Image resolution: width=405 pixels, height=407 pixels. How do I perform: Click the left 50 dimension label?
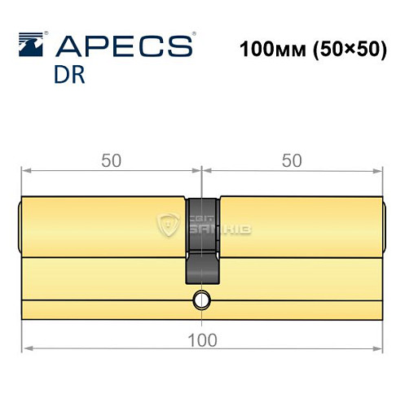[112, 160]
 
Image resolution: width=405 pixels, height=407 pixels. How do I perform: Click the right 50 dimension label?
[292, 160]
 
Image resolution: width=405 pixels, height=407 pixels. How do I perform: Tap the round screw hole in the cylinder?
[200, 302]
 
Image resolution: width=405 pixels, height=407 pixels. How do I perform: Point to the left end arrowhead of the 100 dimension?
[25, 350]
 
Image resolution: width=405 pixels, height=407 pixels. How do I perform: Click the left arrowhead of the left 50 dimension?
[25, 170]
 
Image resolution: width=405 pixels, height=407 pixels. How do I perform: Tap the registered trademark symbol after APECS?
[191, 35]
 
